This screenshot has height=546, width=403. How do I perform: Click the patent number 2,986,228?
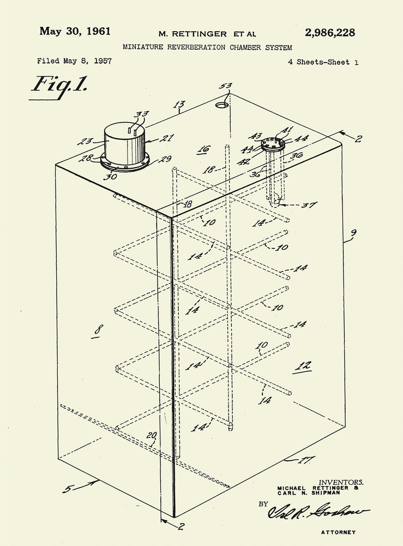pyautogui.click(x=330, y=33)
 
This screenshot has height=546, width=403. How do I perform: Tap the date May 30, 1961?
pyautogui.click(x=75, y=31)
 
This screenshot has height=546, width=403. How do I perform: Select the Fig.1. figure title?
pyautogui.click(x=59, y=85)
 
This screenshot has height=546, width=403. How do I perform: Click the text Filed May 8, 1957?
pyautogui.click(x=74, y=61)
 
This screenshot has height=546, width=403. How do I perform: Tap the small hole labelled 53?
pyautogui.click(x=222, y=104)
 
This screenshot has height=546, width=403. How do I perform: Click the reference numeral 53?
pyautogui.click(x=225, y=86)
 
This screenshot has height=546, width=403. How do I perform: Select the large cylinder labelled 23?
pyautogui.click(x=125, y=144)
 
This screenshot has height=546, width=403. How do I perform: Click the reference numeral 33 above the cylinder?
pyautogui.click(x=141, y=114)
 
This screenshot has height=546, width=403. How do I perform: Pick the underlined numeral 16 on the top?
pyautogui.click(x=204, y=149)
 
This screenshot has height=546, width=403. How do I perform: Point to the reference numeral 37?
pyautogui.click(x=309, y=205)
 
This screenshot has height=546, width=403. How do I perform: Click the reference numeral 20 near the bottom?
pyautogui.click(x=151, y=435)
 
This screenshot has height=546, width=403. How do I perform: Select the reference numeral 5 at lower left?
pyautogui.click(x=67, y=489)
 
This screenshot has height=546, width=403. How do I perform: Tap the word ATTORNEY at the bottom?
pyautogui.click(x=338, y=532)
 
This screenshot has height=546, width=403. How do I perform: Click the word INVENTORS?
pyautogui.click(x=341, y=483)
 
